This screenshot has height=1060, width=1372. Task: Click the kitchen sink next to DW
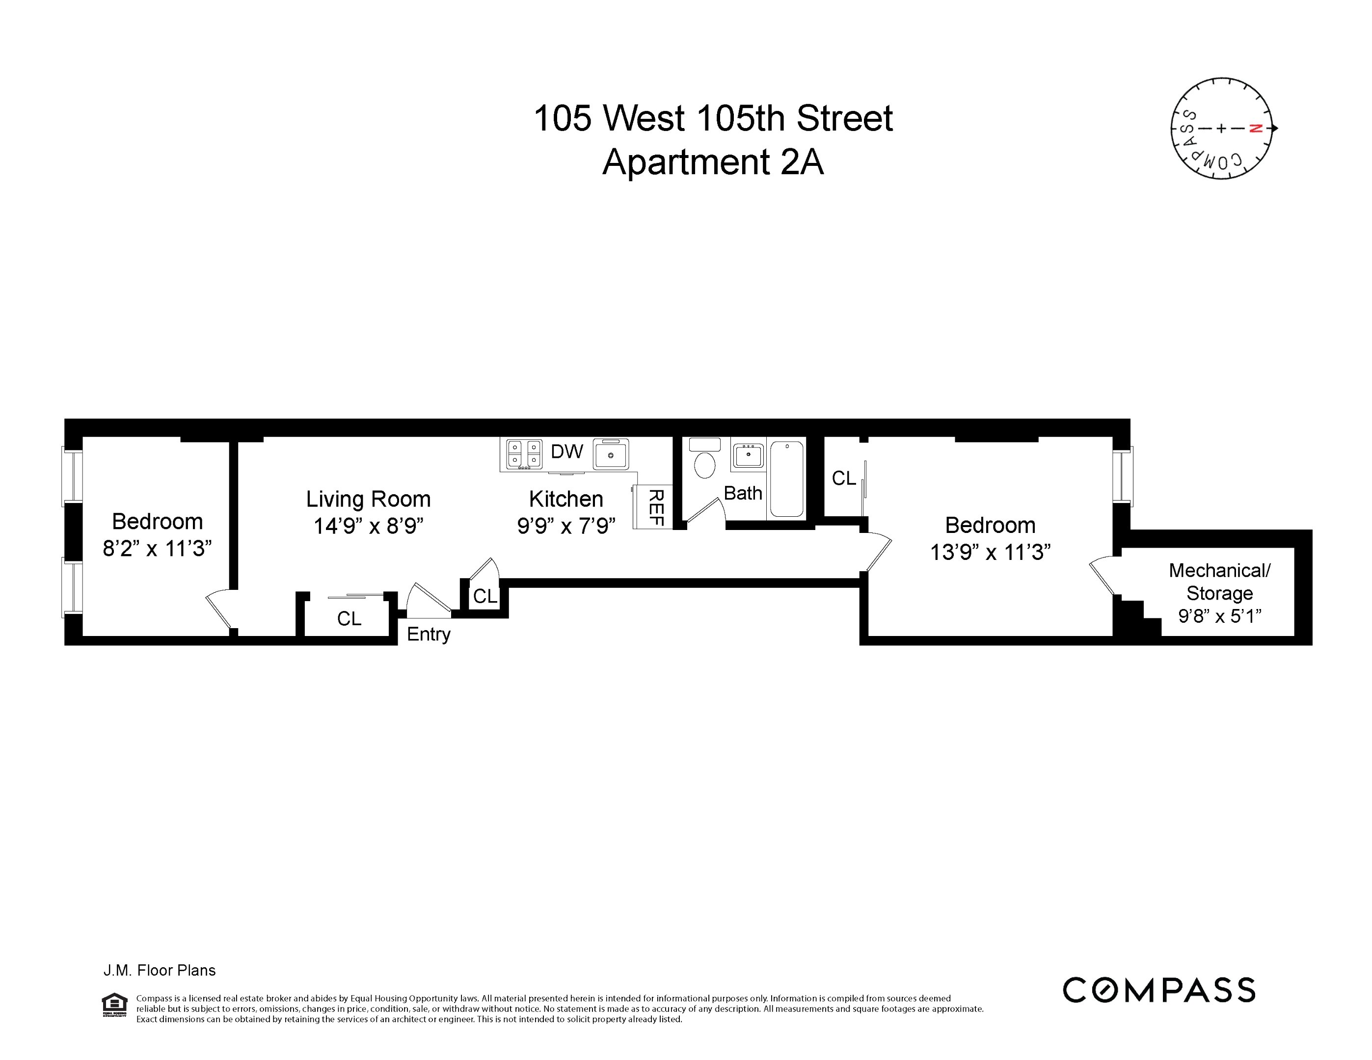pos(610,454)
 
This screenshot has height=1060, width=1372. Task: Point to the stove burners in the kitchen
pos(524,454)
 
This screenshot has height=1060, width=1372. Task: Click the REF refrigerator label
pos(655,507)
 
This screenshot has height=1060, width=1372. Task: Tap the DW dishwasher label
pos(566,451)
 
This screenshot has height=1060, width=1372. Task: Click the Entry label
pos(429,634)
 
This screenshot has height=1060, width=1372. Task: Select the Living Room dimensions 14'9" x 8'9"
pos(368,526)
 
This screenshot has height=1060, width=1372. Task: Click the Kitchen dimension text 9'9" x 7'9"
pos(565,526)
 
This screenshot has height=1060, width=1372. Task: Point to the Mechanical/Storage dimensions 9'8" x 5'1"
pos(1219,616)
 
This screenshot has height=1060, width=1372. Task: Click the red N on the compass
pos(1255,128)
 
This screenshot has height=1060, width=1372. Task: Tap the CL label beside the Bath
pos(844,478)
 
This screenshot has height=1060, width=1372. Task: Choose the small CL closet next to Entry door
pos(485,596)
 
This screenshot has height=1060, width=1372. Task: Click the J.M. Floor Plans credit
pos(160,970)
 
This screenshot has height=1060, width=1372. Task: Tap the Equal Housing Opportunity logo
pos(114,1004)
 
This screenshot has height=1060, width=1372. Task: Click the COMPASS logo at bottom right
pos(1158,990)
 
